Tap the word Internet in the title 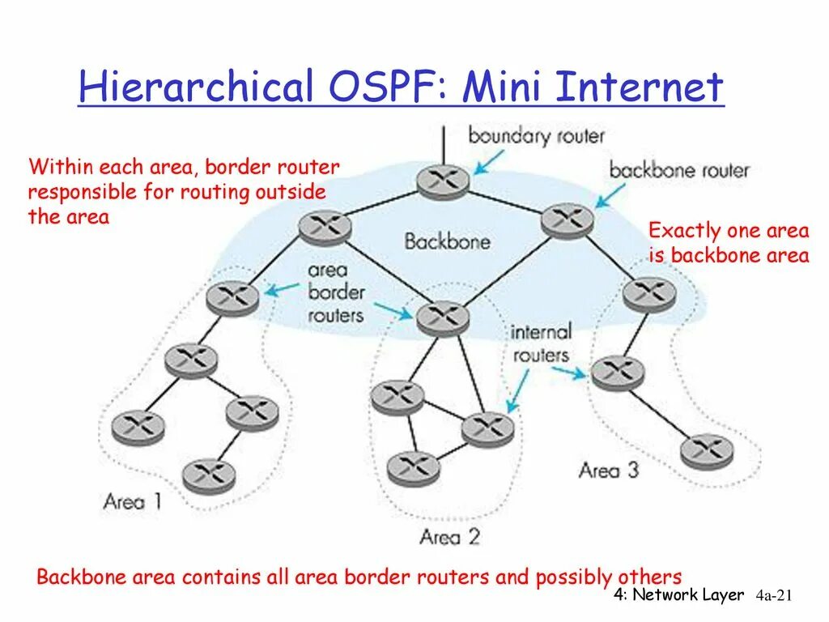point(634,87)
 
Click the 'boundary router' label point(536,135)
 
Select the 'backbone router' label point(678,170)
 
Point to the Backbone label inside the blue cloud point(447,241)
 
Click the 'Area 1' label point(132,501)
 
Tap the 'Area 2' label point(450,536)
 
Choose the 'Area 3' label point(609,470)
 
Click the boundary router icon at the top point(444,180)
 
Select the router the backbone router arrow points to point(567,219)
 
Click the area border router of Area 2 point(443,317)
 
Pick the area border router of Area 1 point(232,297)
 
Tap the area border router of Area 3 point(649,293)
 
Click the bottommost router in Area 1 point(209,475)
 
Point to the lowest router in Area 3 point(706,451)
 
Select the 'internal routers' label point(541,343)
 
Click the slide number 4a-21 point(772,596)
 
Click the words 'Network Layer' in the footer point(687,595)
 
